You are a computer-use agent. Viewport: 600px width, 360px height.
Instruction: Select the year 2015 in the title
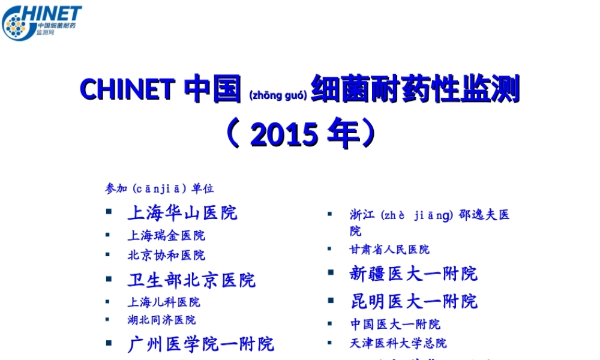pos(284,134)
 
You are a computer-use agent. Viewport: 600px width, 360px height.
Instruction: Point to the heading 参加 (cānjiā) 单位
pos(159,188)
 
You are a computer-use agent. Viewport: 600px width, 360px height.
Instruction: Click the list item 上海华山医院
pos(182,212)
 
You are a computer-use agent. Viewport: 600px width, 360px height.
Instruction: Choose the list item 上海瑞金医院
pos(166,235)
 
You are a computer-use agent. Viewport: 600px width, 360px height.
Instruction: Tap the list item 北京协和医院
pos(166,255)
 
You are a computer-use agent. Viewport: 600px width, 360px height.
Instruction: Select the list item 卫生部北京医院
pos(191,280)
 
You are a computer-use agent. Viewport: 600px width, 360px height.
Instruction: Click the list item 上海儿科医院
pos(164,302)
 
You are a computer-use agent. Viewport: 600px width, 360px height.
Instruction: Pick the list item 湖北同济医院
pos(161,320)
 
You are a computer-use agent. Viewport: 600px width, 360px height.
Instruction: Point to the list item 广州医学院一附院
pos(200,344)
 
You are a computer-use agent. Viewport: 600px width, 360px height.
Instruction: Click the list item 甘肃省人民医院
pos(390,249)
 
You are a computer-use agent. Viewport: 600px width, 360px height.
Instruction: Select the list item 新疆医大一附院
pos(414,274)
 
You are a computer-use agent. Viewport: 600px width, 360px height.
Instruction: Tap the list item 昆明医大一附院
pos(414,301)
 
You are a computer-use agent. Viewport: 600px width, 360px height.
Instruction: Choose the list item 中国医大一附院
pos(395,324)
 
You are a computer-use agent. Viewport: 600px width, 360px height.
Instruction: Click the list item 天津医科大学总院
pos(398,343)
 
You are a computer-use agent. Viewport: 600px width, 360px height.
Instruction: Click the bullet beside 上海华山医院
pos(109,212)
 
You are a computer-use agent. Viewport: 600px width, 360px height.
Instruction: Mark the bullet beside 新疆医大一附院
pos(331,272)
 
